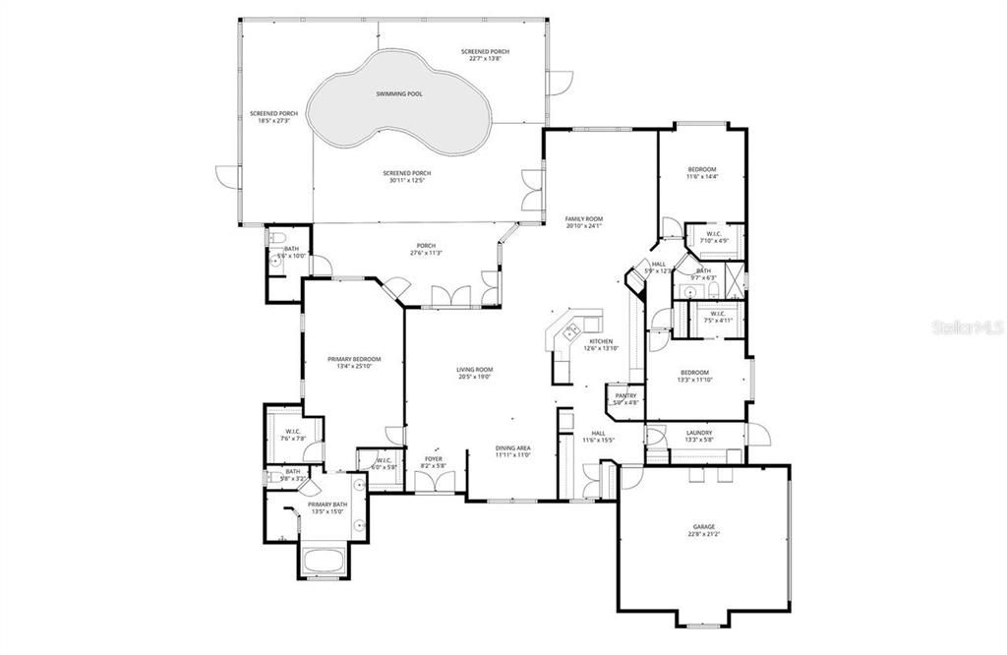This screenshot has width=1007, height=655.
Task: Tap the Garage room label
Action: pyautogui.click(x=703, y=527)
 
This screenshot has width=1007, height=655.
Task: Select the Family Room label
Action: pyautogui.click(x=583, y=218)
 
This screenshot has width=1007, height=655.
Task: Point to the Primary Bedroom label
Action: pyautogui.click(x=354, y=359)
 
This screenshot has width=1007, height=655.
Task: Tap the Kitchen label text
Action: pyautogui.click(x=601, y=341)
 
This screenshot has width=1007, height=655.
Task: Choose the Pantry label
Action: pyautogui.click(x=626, y=395)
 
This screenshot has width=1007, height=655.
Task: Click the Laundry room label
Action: pyautogui.click(x=699, y=432)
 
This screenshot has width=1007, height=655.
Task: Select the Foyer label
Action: pyautogui.click(x=434, y=458)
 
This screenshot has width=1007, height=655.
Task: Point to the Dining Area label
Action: pyautogui.click(x=512, y=448)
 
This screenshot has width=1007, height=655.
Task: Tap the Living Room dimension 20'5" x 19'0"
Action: pyautogui.click(x=473, y=377)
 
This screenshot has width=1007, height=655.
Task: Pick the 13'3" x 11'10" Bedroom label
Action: pyautogui.click(x=695, y=373)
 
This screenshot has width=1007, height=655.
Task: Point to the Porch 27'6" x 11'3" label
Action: pyautogui.click(x=426, y=246)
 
